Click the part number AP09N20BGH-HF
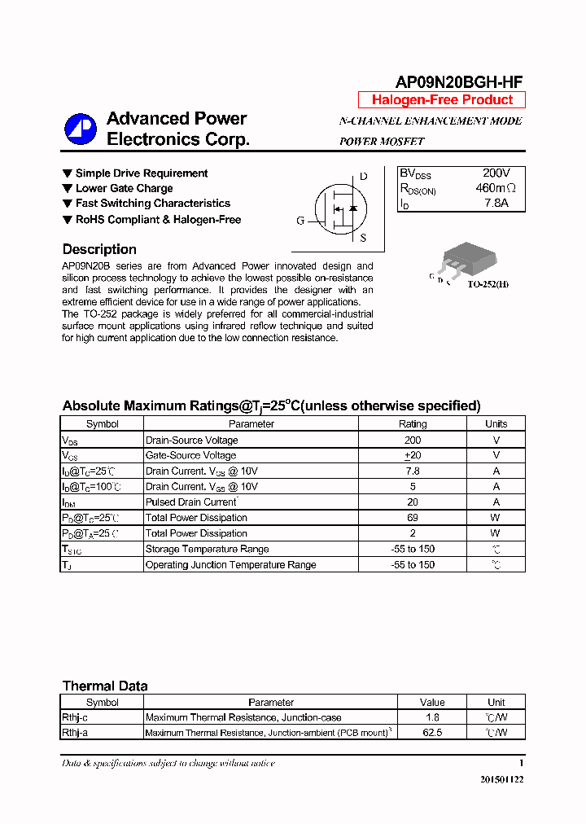click(x=458, y=81)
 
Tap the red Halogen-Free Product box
click(x=442, y=100)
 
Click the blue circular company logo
click(x=81, y=129)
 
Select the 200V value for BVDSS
click(x=496, y=173)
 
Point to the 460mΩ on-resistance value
click(x=496, y=188)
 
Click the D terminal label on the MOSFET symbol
click(x=363, y=177)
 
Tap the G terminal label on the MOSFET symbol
click(x=300, y=221)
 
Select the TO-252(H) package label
click(x=488, y=285)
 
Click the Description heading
click(x=99, y=249)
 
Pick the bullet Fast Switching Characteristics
click(x=152, y=204)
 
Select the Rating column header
click(x=413, y=423)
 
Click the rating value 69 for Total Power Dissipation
click(x=413, y=518)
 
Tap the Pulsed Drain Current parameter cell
click(x=191, y=502)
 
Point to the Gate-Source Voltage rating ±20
click(x=413, y=455)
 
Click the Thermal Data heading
click(x=105, y=686)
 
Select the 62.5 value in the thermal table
click(x=432, y=733)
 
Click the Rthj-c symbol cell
click(x=75, y=717)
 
